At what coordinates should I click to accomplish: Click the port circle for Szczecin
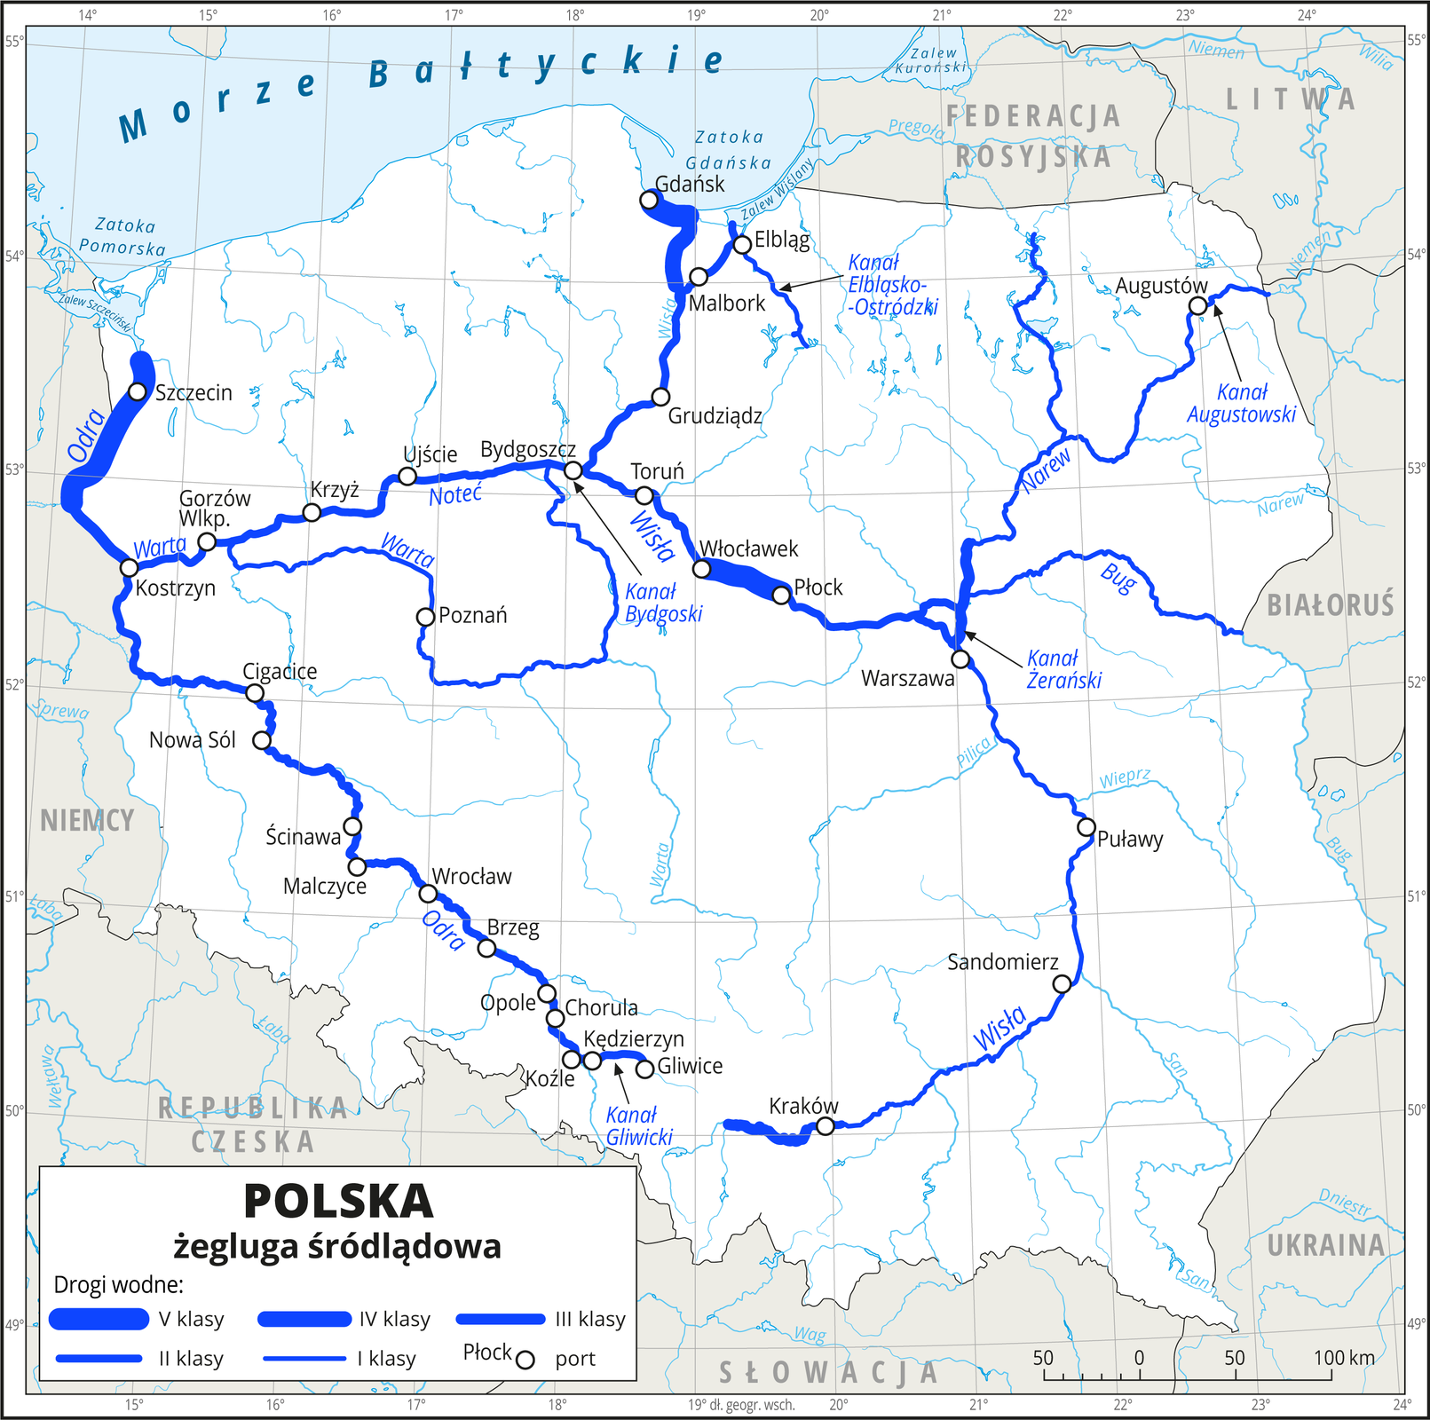click(x=137, y=391)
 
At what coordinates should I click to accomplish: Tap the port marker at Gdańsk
click(x=649, y=201)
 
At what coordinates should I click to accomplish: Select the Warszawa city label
click(x=907, y=679)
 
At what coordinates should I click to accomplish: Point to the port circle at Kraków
click(x=825, y=1126)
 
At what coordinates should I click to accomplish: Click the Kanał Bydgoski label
click(x=663, y=603)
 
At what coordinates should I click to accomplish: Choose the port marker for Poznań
click(x=425, y=617)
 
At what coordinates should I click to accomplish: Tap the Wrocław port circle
click(x=428, y=894)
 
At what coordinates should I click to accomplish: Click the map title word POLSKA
click(x=338, y=1202)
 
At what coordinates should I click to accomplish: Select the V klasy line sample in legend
click(x=99, y=1320)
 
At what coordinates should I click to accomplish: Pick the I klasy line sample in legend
click(x=304, y=1359)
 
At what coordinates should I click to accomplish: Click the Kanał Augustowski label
click(x=1241, y=403)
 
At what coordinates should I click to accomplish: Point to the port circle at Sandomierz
click(x=1062, y=983)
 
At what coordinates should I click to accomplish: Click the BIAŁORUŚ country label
click(x=1330, y=605)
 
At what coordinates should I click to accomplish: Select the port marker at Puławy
click(x=1086, y=827)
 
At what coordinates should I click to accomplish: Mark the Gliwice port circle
click(x=645, y=1069)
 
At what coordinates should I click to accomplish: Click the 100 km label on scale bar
click(x=1344, y=1358)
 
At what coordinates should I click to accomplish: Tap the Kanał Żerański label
click(x=1063, y=669)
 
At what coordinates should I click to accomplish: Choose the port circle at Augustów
click(x=1197, y=306)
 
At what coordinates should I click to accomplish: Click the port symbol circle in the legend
click(x=525, y=1360)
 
